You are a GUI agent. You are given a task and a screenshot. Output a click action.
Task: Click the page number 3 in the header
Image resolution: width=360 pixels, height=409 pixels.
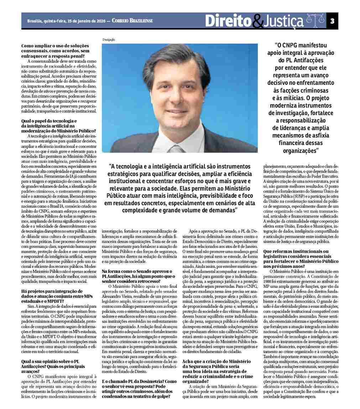pyautogui.click(x=332, y=21)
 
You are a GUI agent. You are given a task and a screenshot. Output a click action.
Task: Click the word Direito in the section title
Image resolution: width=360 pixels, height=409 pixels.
pyautogui.click(x=228, y=21)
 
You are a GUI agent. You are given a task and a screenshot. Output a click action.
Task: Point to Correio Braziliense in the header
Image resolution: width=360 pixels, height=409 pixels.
pyautogui.click(x=132, y=21)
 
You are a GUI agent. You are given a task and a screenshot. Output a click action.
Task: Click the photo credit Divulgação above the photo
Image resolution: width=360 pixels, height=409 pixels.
pyautogui.click(x=109, y=40)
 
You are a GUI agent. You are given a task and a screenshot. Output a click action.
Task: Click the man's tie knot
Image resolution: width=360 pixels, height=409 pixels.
pyautogui.click(x=177, y=149)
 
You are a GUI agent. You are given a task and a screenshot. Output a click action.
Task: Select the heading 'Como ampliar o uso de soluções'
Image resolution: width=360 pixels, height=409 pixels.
pyautogui.click(x=55, y=46)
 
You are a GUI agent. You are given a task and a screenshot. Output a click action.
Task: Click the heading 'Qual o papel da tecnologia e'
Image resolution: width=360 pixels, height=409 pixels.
pyautogui.click(x=49, y=121)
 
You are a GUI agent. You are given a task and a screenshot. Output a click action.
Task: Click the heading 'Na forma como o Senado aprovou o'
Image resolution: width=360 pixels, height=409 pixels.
pyautogui.click(x=137, y=271)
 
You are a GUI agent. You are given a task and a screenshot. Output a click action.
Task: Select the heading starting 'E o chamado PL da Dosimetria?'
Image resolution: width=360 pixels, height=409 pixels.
pyautogui.click(x=139, y=382)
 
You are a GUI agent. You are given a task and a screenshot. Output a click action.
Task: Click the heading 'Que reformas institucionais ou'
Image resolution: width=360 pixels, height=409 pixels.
pyautogui.click(x=296, y=252)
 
